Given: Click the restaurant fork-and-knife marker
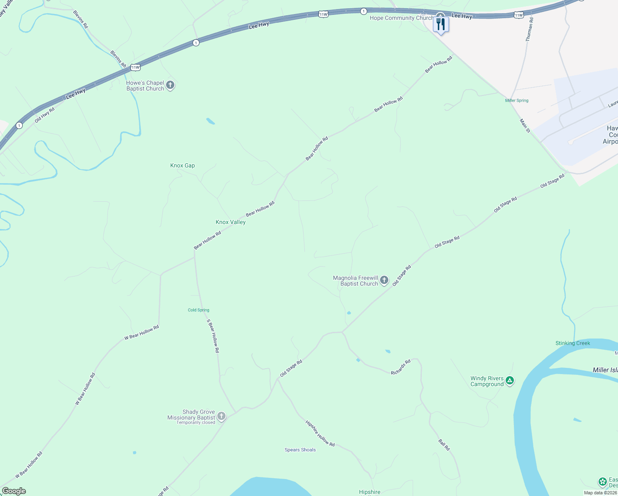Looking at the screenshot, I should click(441, 25).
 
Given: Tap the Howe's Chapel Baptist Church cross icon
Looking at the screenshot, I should click(170, 85).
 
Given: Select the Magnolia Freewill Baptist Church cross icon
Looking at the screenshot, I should click(384, 281).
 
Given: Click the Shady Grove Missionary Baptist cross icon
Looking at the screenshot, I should click(221, 416).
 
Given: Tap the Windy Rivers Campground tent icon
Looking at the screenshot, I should click(510, 381).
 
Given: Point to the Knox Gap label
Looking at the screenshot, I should click(183, 165).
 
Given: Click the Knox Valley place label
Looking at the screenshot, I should click(231, 222).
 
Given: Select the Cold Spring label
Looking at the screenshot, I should click(199, 310).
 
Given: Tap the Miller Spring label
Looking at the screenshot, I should click(517, 100).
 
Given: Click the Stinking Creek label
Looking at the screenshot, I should click(573, 343).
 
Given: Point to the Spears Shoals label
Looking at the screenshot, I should click(300, 450).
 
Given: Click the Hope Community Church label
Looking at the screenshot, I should click(401, 18).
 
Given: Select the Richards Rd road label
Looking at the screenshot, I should click(401, 367).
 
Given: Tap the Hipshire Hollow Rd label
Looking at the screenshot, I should click(320, 433).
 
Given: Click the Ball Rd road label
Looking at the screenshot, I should click(444, 445).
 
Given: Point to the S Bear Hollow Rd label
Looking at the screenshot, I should click(213, 336).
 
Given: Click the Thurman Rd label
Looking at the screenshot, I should click(529, 29).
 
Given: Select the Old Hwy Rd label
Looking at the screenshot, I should click(45, 115).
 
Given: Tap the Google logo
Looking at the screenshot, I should click(14, 491).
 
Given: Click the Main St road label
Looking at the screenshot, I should click(525, 126).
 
